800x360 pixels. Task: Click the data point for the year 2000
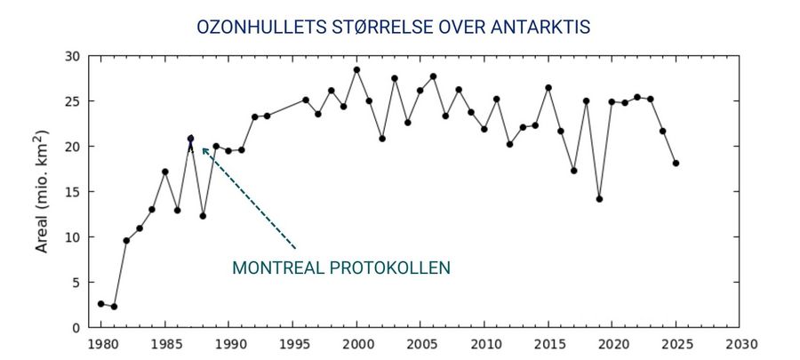(356, 69)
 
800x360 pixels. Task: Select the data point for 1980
(100, 304)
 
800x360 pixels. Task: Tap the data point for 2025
(676, 164)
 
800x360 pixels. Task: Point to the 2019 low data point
(600, 199)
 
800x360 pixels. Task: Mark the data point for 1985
(164, 172)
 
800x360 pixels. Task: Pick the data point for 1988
(203, 216)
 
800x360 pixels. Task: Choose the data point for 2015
(548, 88)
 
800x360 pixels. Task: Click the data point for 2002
(382, 139)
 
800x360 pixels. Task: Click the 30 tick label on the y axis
(73, 56)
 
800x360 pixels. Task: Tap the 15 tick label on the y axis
(73, 192)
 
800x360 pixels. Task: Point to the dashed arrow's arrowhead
(204, 149)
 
